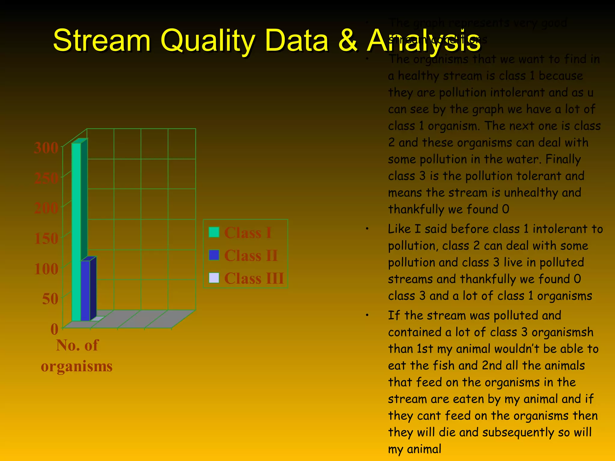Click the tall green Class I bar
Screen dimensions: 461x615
(76, 231)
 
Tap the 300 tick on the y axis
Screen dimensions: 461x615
(46, 148)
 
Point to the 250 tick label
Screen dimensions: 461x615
(46, 178)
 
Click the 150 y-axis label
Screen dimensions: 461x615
(46, 239)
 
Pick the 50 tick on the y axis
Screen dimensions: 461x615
(50, 299)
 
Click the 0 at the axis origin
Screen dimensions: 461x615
(54, 329)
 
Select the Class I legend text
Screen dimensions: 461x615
(248, 233)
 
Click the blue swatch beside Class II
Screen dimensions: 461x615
(214, 255)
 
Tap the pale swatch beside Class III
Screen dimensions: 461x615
(214, 278)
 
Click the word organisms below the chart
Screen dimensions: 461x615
(77, 366)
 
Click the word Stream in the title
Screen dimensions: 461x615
(101, 41)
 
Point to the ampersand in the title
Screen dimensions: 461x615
(348, 41)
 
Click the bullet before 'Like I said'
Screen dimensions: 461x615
(367, 229)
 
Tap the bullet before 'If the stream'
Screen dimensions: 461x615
(367, 316)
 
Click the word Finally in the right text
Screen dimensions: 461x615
(563, 159)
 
